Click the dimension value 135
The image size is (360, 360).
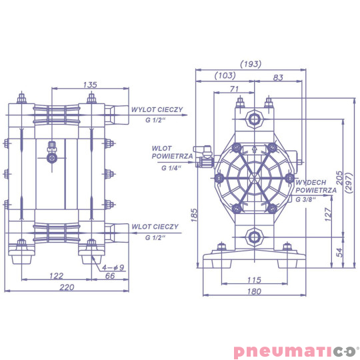(91, 84)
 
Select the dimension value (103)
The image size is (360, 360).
(224, 76)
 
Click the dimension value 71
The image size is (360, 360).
(233, 89)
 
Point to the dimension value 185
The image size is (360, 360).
(194, 215)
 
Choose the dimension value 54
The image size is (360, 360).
(339, 253)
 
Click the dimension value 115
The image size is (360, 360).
(253, 279)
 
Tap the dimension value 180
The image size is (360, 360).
(253, 291)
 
